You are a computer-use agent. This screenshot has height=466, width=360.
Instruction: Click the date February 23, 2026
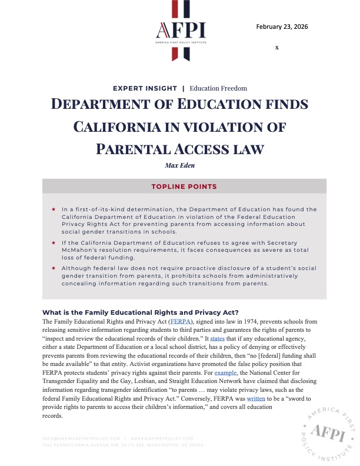click(x=282, y=27)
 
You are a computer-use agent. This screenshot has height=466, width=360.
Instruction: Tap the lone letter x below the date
click(x=276, y=46)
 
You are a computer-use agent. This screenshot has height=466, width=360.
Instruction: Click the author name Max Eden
click(x=180, y=165)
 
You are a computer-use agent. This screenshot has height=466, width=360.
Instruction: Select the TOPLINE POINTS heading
click(x=181, y=187)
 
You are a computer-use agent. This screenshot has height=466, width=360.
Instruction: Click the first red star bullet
click(x=54, y=209)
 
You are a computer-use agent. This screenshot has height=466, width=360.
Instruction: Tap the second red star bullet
click(x=54, y=242)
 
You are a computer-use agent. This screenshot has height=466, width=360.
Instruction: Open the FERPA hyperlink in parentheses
click(x=177, y=322)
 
